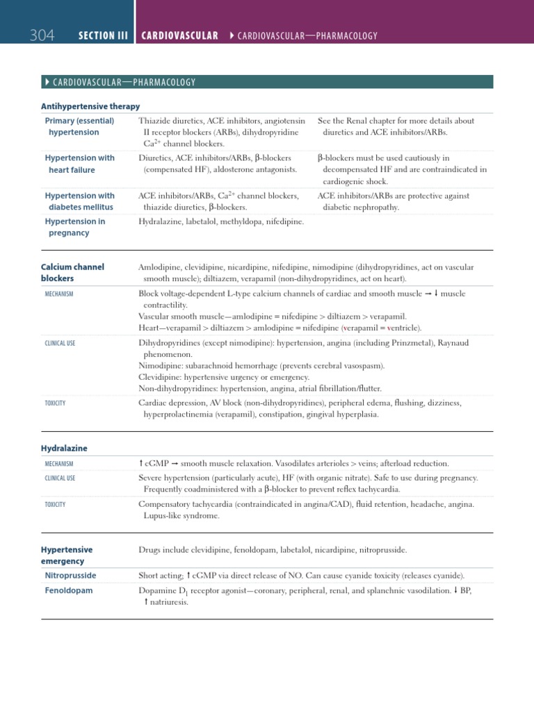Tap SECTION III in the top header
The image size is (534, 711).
coord(104,35)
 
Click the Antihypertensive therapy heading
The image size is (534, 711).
coord(90,106)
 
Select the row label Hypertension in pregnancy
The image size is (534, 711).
coord(75,227)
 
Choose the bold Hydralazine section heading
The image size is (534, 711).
coord(64,449)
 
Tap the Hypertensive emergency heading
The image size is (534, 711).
coord(67,555)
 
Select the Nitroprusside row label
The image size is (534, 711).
coord(70,576)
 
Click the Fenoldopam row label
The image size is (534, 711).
coord(69,590)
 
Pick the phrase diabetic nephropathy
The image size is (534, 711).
coord(361,207)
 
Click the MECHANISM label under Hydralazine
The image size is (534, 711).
coord(59,464)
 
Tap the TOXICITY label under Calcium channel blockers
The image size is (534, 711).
coord(55,403)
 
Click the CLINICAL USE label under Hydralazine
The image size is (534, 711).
coord(60,478)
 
